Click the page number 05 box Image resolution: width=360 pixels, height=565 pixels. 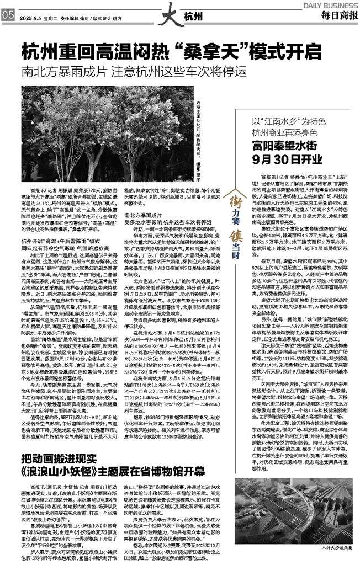(x=7, y=15)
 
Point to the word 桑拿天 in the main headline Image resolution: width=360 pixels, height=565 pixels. (x=209, y=52)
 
